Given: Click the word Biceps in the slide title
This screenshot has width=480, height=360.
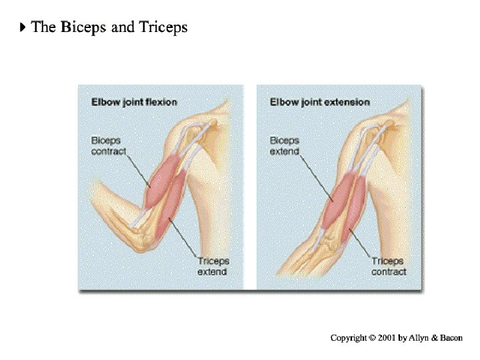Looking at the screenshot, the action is click(x=83, y=27).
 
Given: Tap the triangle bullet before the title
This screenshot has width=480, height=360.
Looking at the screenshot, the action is click(x=23, y=27).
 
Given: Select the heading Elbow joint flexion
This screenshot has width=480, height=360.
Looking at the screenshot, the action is click(x=134, y=102).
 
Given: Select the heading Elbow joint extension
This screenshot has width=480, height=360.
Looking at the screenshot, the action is click(x=319, y=102).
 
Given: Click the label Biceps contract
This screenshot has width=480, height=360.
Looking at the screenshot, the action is click(x=108, y=146).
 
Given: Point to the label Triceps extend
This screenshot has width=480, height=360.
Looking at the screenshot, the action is click(x=213, y=266).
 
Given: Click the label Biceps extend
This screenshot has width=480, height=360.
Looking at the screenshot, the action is click(x=285, y=146).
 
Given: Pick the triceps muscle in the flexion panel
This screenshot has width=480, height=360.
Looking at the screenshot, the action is click(x=179, y=200).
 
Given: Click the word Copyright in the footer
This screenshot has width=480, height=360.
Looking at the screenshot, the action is click(x=349, y=338).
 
